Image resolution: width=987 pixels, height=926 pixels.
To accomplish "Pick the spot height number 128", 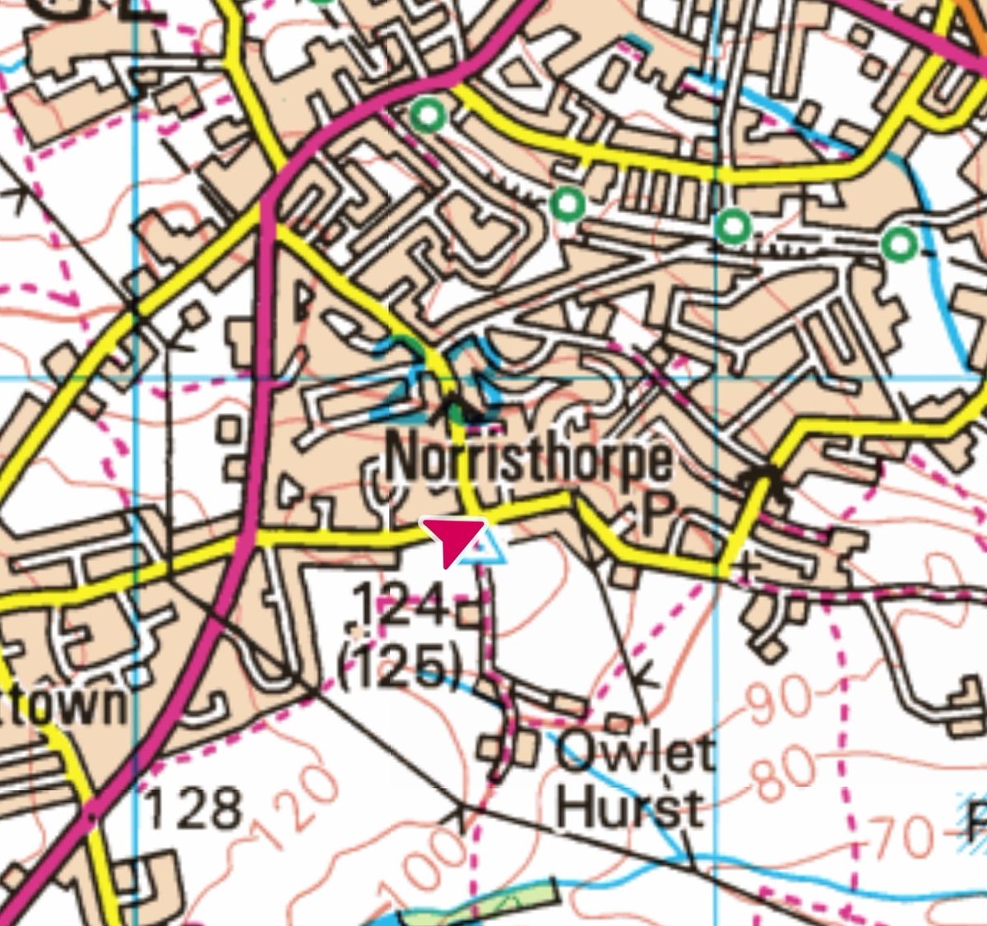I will (x=194, y=808).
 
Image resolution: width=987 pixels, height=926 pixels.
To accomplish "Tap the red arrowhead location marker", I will (x=451, y=539).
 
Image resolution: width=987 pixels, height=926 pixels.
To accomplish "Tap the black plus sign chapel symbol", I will (x=746, y=567).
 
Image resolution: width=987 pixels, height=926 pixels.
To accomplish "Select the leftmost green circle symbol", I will (x=428, y=115).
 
